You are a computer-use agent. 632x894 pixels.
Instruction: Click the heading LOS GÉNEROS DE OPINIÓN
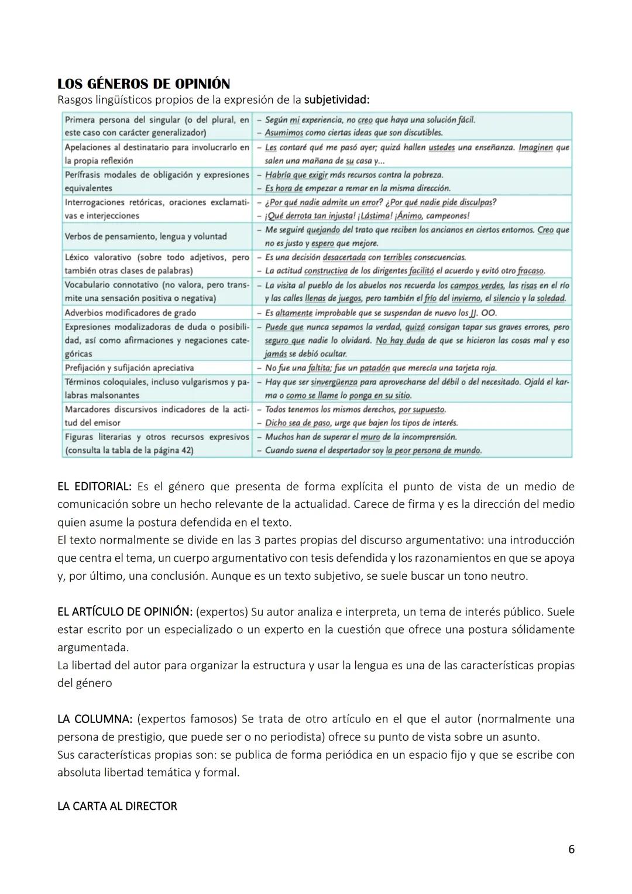(143, 84)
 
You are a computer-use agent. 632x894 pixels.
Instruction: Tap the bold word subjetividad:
(336, 99)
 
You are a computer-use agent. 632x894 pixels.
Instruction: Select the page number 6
(571, 849)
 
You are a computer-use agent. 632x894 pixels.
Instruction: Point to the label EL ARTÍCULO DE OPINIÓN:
(125, 612)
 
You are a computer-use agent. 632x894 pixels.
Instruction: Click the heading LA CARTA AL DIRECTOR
(117, 806)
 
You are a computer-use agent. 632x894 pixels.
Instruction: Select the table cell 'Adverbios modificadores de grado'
(130, 313)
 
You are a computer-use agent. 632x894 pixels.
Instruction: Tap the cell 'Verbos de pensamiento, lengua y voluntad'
(146, 236)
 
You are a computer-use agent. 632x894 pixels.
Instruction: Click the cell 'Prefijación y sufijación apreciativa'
(129, 368)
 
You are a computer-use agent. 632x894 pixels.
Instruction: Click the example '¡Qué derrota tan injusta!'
(308, 216)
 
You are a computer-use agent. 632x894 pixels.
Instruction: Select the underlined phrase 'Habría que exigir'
(296, 175)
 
